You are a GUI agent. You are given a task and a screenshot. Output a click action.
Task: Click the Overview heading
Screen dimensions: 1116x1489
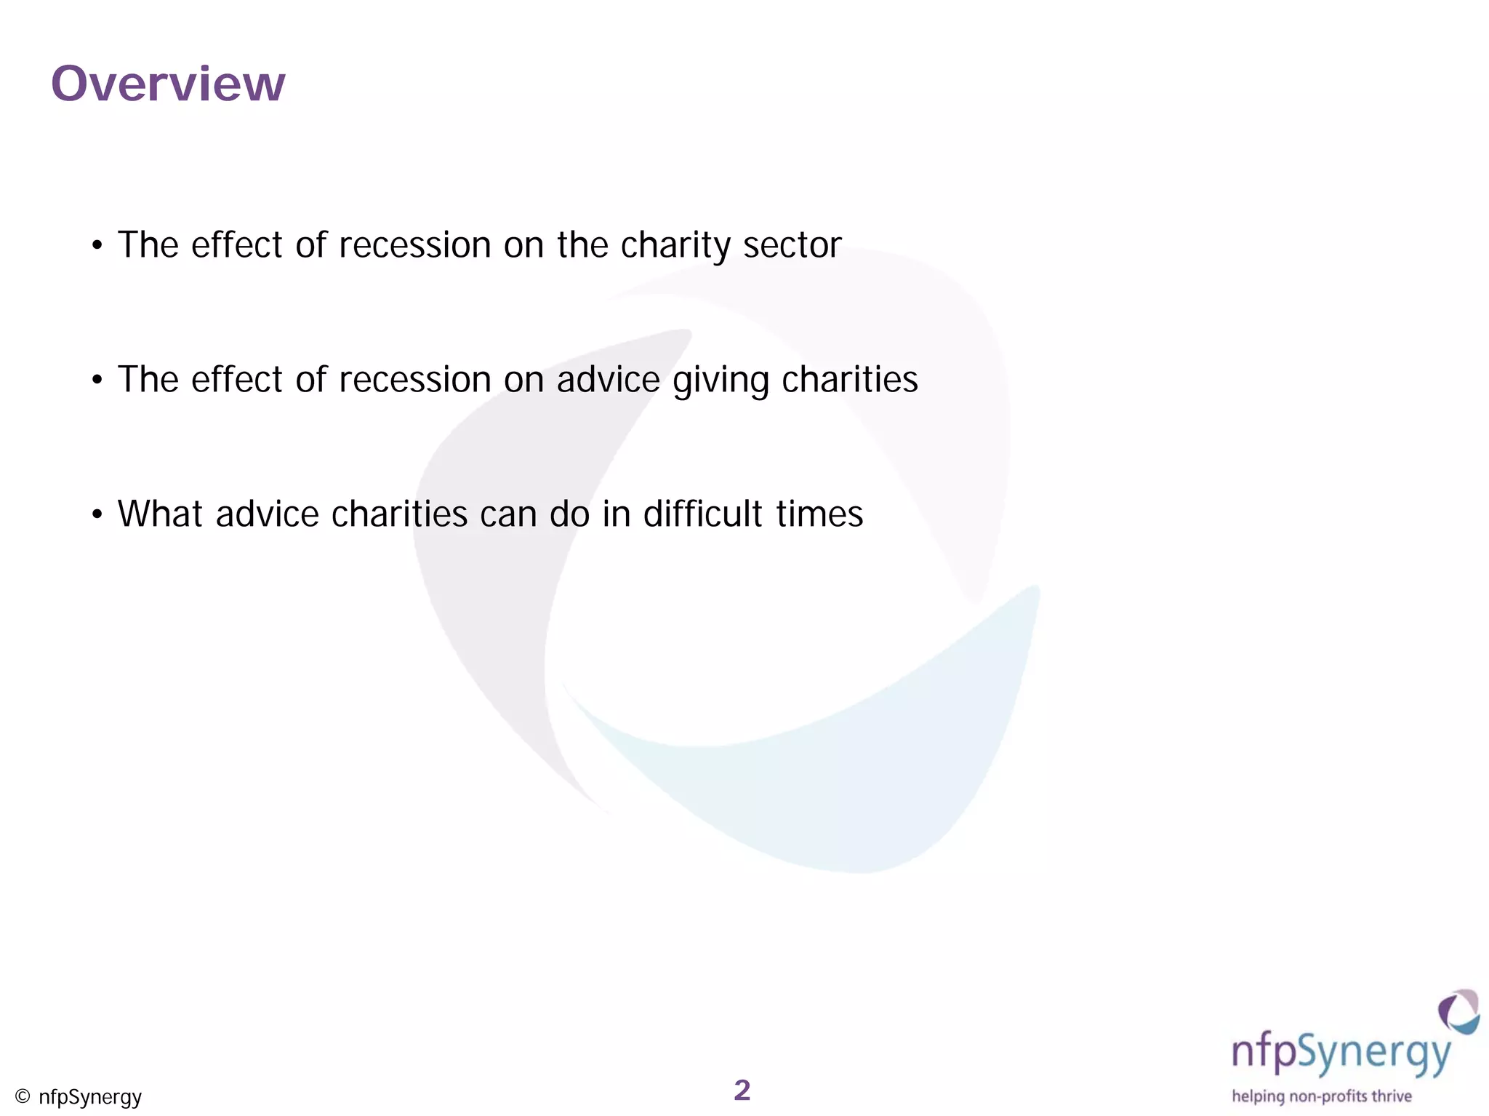click(168, 84)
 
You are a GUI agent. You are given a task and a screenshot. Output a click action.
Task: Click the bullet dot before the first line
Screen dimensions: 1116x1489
click(97, 246)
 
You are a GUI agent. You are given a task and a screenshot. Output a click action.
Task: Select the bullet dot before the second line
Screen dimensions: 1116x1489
click(97, 380)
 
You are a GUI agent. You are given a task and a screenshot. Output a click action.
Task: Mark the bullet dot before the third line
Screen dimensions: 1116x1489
click(97, 515)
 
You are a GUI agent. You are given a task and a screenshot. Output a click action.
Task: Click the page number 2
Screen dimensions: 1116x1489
click(742, 1090)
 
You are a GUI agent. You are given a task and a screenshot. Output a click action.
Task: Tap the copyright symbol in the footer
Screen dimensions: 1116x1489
click(23, 1096)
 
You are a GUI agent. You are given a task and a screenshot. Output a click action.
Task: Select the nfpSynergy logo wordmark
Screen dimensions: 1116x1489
click(1341, 1054)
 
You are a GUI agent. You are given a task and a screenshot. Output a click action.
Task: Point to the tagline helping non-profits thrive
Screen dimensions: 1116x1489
click(1322, 1096)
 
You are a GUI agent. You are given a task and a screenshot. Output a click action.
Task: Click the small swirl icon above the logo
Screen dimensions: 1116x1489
click(1458, 1011)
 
